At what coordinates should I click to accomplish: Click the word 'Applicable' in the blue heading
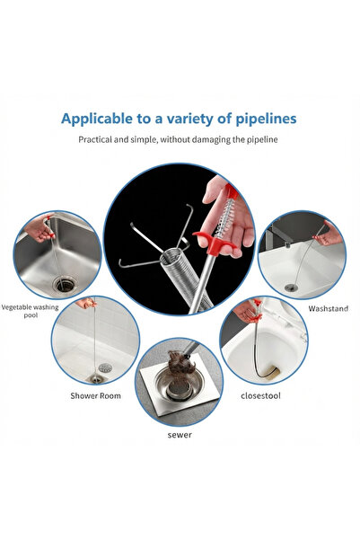click(x=97, y=120)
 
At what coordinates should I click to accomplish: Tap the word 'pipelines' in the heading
click(x=266, y=120)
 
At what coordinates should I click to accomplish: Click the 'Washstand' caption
click(x=328, y=308)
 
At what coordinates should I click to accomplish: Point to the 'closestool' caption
click(x=260, y=396)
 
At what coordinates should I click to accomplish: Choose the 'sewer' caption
click(x=180, y=435)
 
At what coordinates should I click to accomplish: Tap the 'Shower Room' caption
click(x=96, y=396)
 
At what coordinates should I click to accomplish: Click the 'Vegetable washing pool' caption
click(x=31, y=311)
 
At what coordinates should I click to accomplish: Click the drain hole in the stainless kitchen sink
click(x=65, y=285)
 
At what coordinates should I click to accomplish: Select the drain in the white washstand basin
click(x=291, y=287)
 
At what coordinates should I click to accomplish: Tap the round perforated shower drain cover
click(x=105, y=367)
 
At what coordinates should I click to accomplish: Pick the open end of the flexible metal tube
click(x=171, y=257)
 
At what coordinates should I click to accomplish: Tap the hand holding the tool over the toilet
click(x=246, y=312)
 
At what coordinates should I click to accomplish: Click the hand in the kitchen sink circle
click(x=40, y=229)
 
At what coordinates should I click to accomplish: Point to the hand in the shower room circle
click(x=85, y=303)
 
